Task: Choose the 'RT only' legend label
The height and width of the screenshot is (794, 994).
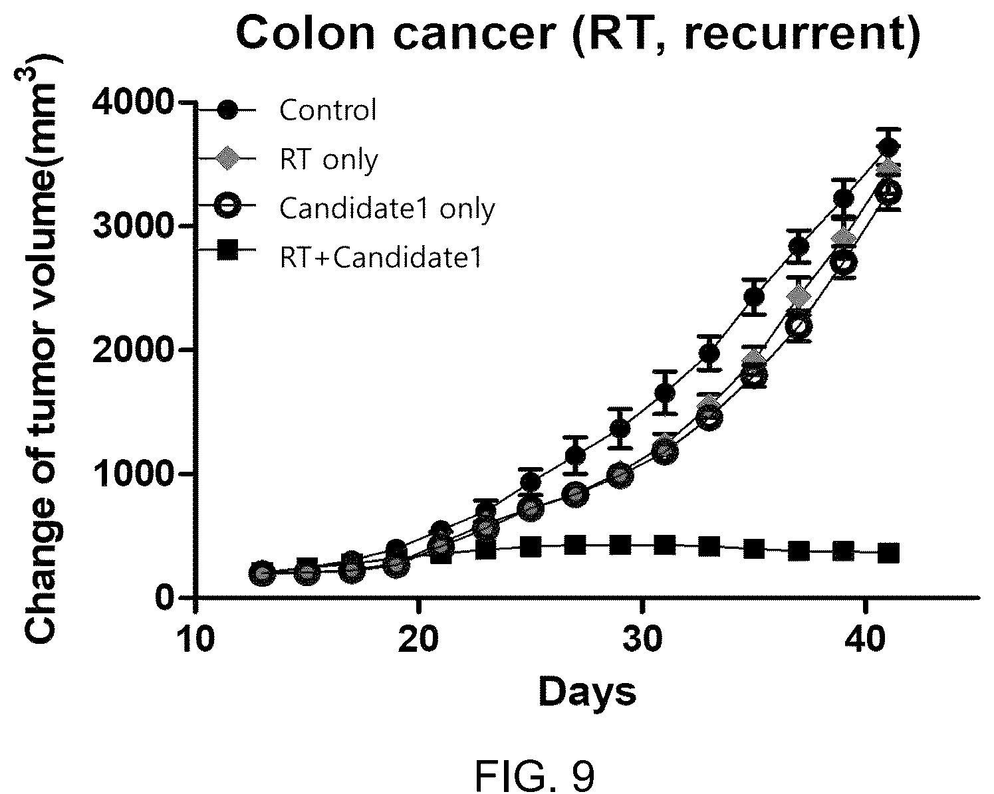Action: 329,159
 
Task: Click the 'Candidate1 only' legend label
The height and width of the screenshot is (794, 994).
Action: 387,209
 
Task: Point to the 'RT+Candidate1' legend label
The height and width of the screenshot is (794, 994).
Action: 382,258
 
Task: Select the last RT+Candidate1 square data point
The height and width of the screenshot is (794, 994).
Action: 888,553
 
